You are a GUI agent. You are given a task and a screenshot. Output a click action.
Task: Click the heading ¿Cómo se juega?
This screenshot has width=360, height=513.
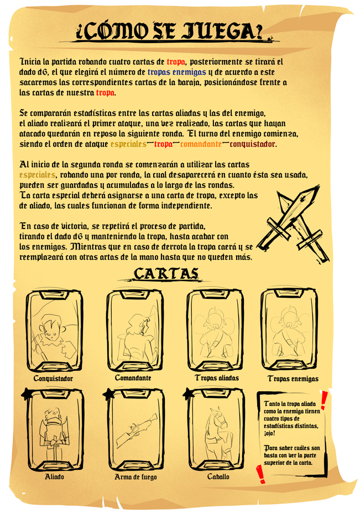pos(169,32)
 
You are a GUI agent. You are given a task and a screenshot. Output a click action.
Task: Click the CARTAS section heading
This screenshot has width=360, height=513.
pos(166,273)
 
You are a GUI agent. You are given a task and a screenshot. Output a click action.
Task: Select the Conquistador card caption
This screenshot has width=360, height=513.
pos(53,379)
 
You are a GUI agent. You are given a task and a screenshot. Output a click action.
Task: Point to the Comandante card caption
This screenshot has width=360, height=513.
pos(133,378)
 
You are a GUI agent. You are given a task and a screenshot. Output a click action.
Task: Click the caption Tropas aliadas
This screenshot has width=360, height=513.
pos(217,378)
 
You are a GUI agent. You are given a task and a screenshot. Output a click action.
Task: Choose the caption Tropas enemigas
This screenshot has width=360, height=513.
pos(293,379)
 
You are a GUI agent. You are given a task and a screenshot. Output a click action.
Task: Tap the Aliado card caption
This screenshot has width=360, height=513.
pos(54,476)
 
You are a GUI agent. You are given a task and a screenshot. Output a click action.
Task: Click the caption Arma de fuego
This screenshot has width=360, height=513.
pos(135,477)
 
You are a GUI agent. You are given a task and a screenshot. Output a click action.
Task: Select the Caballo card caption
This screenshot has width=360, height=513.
pos(218,476)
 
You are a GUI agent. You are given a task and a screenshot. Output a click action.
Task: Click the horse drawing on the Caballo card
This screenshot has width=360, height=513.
pos(217,432)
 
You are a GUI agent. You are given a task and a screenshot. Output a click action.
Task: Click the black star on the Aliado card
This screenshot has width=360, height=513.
pos(27,393)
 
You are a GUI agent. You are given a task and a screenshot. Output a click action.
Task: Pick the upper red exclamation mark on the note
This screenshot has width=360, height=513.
pos(324,400)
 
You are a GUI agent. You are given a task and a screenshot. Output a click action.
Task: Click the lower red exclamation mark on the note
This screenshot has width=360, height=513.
pos(260,474)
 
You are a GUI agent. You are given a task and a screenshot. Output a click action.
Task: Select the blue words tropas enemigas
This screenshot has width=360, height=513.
pos(176,72)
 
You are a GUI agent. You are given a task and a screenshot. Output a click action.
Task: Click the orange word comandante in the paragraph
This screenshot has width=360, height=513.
pos(201,144)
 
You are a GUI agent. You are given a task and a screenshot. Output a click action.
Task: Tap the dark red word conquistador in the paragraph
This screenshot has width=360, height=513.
pos(253,144)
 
